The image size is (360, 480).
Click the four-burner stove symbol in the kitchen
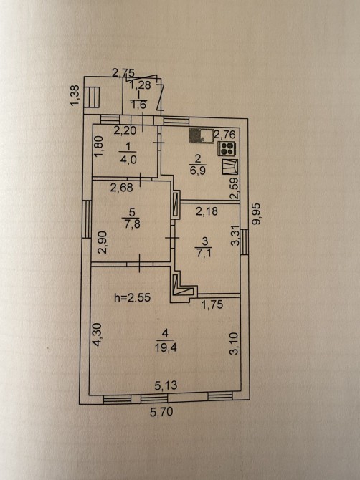(x=227, y=148)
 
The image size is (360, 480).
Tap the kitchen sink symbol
(x=202, y=135)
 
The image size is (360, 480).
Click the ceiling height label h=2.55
(x=133, y=297)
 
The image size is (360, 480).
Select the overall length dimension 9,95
(x=256, y=214)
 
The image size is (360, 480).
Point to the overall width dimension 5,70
(x=161, y=411)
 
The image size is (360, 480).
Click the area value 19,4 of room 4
(x=166, y=347)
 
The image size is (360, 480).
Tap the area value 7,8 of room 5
(x=131, y=224)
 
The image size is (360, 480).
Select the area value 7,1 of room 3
(x=204, y=254)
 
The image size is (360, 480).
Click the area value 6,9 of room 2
(x=198, y=171)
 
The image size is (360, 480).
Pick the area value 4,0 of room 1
(x=128, y=160)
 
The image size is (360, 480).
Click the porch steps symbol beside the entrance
(x=92, y=97)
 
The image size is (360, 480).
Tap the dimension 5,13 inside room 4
(x=166, y=385)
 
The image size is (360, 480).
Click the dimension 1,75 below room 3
(x=213, y=304)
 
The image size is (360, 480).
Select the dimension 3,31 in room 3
(x=235, y=236)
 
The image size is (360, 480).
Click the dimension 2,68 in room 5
(x=122, y=188)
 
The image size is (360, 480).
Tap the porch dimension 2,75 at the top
(x=123, y=73)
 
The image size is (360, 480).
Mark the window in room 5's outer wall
(x=87, y=219)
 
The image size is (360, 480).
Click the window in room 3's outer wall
(x=244, y=242)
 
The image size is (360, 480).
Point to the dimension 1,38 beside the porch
(x=75, y=96)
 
